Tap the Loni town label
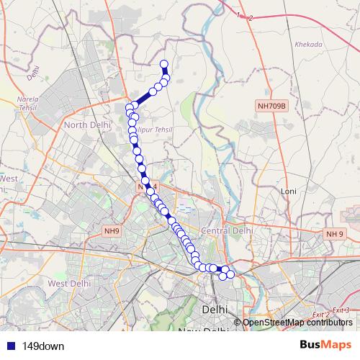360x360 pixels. click(289, 192)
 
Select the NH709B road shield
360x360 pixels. click(271, 106)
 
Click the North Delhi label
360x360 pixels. click(88, 125)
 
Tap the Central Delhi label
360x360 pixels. click(227, 230)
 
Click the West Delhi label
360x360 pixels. click(69, 284)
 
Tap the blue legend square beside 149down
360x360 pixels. click(9, 346)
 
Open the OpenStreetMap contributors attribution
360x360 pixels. click(297, 322)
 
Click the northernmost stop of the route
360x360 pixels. click(163, 63)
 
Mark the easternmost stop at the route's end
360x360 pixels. click(230, 274)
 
